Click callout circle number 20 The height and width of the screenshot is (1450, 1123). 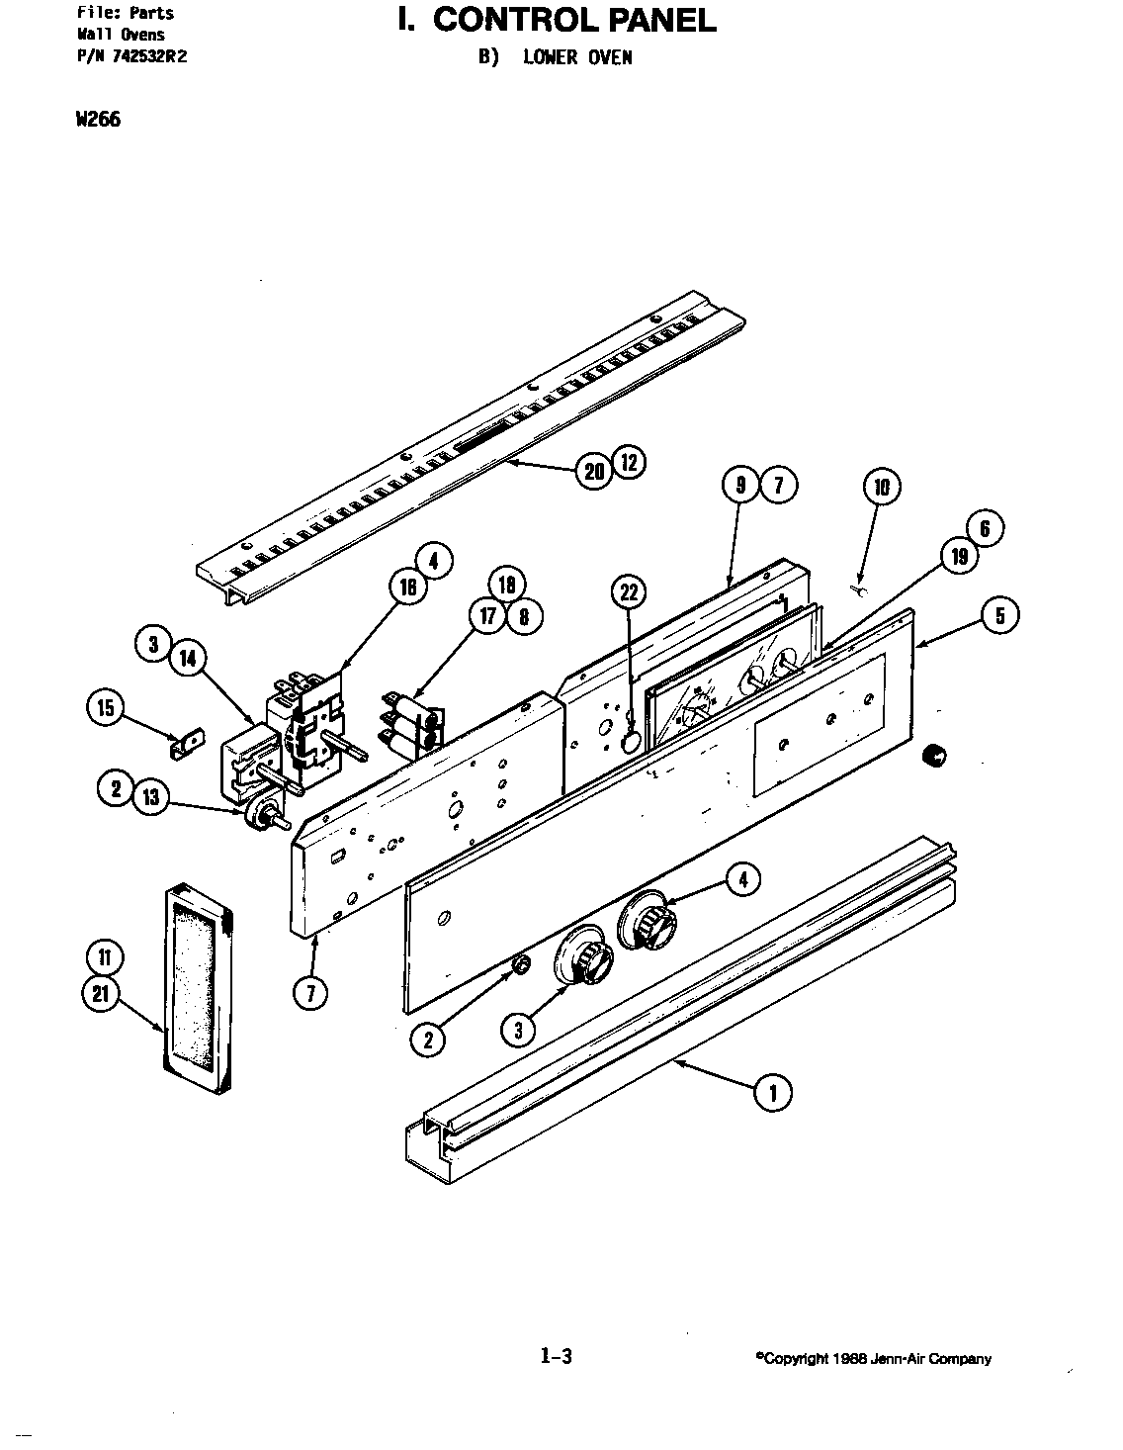(x=593, y=472)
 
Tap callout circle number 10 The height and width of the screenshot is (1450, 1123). (x=882, y=486)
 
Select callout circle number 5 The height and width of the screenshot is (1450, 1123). (x=1000, y=615)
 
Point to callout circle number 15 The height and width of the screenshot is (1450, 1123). (x=107, y=708)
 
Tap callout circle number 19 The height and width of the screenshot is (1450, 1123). (x=959, y=557)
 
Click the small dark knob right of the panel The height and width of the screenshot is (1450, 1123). (x=934, y=757)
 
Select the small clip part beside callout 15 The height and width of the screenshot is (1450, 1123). (x=186, y=742)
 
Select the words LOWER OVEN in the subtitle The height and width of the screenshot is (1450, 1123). (x=577, y=57)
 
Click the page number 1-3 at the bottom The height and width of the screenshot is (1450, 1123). (x=556, y=1358)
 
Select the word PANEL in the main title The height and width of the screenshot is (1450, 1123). (x=661, y=20)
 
